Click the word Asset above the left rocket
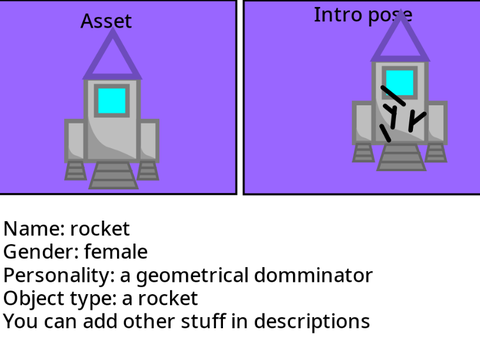(106, 21)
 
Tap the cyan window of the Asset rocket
(112, 101)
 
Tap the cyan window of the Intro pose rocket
(400, 83)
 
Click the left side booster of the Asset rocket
(75, 141)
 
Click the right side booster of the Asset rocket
(149, 141)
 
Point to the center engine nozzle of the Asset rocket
(113, 175)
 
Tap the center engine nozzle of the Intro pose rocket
(401, 157)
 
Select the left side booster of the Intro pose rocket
(363, 123)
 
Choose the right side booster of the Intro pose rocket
(437, 123)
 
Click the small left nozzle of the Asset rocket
(75, 171)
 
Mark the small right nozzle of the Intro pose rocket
(436, 153)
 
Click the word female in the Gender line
(116, 251)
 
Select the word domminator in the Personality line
(313, 275)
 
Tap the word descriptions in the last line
(312, 322)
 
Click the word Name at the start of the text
(34, 229)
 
